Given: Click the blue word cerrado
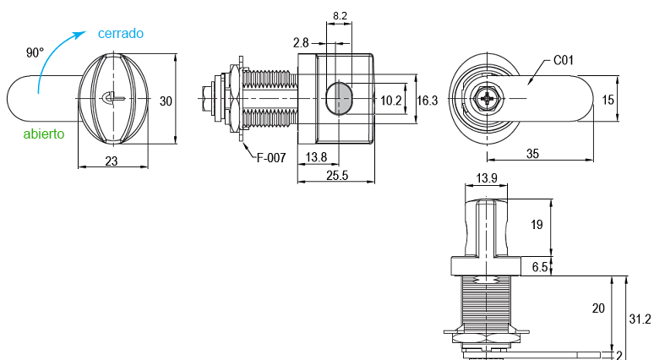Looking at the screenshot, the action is pyautogui.click(x=121, y=33).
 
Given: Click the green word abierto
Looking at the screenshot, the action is pyautogui.click(x=44, y=134).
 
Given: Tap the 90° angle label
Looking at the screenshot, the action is pyautogui.click(x=35, y=53).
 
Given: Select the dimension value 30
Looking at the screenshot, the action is pyautogui.click(x=166, y=101).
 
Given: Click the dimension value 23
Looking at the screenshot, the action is pyautogui.click(x=112, y=161).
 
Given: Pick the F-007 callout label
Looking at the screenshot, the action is pyautogui.click(x=271, y=158).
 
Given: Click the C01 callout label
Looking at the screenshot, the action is pyautogui.click(x=564, y=61).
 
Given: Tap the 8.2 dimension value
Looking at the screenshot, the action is pyautogui.click(x=340, y=16).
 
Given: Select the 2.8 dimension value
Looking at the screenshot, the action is pyautogui.click(x=301, y=43).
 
